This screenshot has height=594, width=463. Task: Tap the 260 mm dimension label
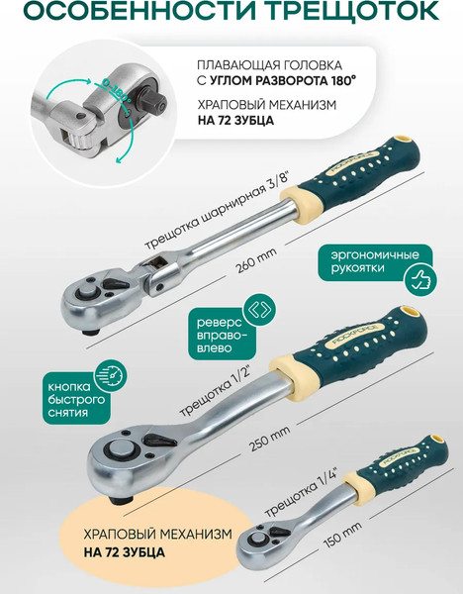click(x=256, y=260)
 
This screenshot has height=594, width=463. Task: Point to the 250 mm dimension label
click(x=269, y=438)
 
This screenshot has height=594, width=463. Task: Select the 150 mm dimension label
click(x=342, y=535)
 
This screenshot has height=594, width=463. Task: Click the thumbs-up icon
click(x=420, y=281)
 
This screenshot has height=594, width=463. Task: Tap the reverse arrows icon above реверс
click(x=259, y=310)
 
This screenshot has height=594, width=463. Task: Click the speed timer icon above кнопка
click(x=112, y=375)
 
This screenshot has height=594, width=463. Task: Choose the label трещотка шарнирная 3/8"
click(x=220, y=217)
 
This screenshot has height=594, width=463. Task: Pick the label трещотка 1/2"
click(x=216, y=391)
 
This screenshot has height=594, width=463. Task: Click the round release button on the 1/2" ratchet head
click(x=122, y=449)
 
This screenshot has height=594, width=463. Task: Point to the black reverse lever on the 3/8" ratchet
click(x=115, y=284)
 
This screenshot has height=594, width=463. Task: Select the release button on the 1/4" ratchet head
click(x=258, y=539)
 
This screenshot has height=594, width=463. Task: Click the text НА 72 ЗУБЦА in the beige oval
click(x=125, y=551)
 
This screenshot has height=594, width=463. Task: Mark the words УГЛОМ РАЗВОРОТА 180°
click(x=283, y=81)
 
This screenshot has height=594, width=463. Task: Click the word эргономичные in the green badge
click(x=375, y=254)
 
